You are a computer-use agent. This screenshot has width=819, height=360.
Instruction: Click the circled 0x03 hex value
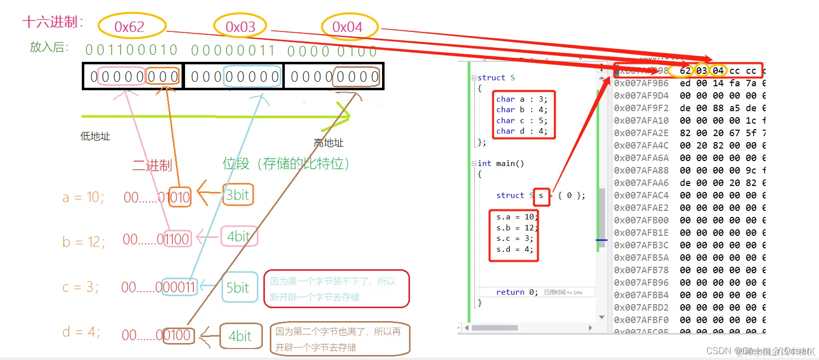coord(240,26)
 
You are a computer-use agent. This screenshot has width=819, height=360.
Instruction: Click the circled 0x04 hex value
coord(348,26)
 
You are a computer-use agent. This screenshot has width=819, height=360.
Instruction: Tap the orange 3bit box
coord(237,195)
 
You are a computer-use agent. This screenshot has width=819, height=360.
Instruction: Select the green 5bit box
coord(238,288)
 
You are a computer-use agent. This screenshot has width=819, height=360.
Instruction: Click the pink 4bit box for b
coord(238,236)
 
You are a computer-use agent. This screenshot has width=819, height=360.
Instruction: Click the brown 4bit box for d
coord(240,336)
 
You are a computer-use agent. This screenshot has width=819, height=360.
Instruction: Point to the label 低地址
coord(95,136)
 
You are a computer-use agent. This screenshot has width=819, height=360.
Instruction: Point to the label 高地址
coord(328,143)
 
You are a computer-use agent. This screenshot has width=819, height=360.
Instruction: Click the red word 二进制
coord(152,166)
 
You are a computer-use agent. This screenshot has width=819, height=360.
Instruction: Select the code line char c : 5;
coord(522,121)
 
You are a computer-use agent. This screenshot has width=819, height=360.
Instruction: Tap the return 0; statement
coord(517,292)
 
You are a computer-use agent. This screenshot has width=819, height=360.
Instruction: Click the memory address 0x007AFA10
coord(641,121)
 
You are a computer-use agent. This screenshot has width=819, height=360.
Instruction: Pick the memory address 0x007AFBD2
coord(641,308)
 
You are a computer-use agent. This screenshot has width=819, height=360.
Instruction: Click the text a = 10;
coord(83,197)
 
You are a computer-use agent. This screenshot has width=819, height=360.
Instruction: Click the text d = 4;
coord(81,332)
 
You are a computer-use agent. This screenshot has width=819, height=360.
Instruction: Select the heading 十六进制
coord(51,22)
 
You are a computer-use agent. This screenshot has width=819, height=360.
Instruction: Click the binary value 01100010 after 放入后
coord(131,50)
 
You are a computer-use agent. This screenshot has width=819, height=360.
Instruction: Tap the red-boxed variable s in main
coord(541,195)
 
